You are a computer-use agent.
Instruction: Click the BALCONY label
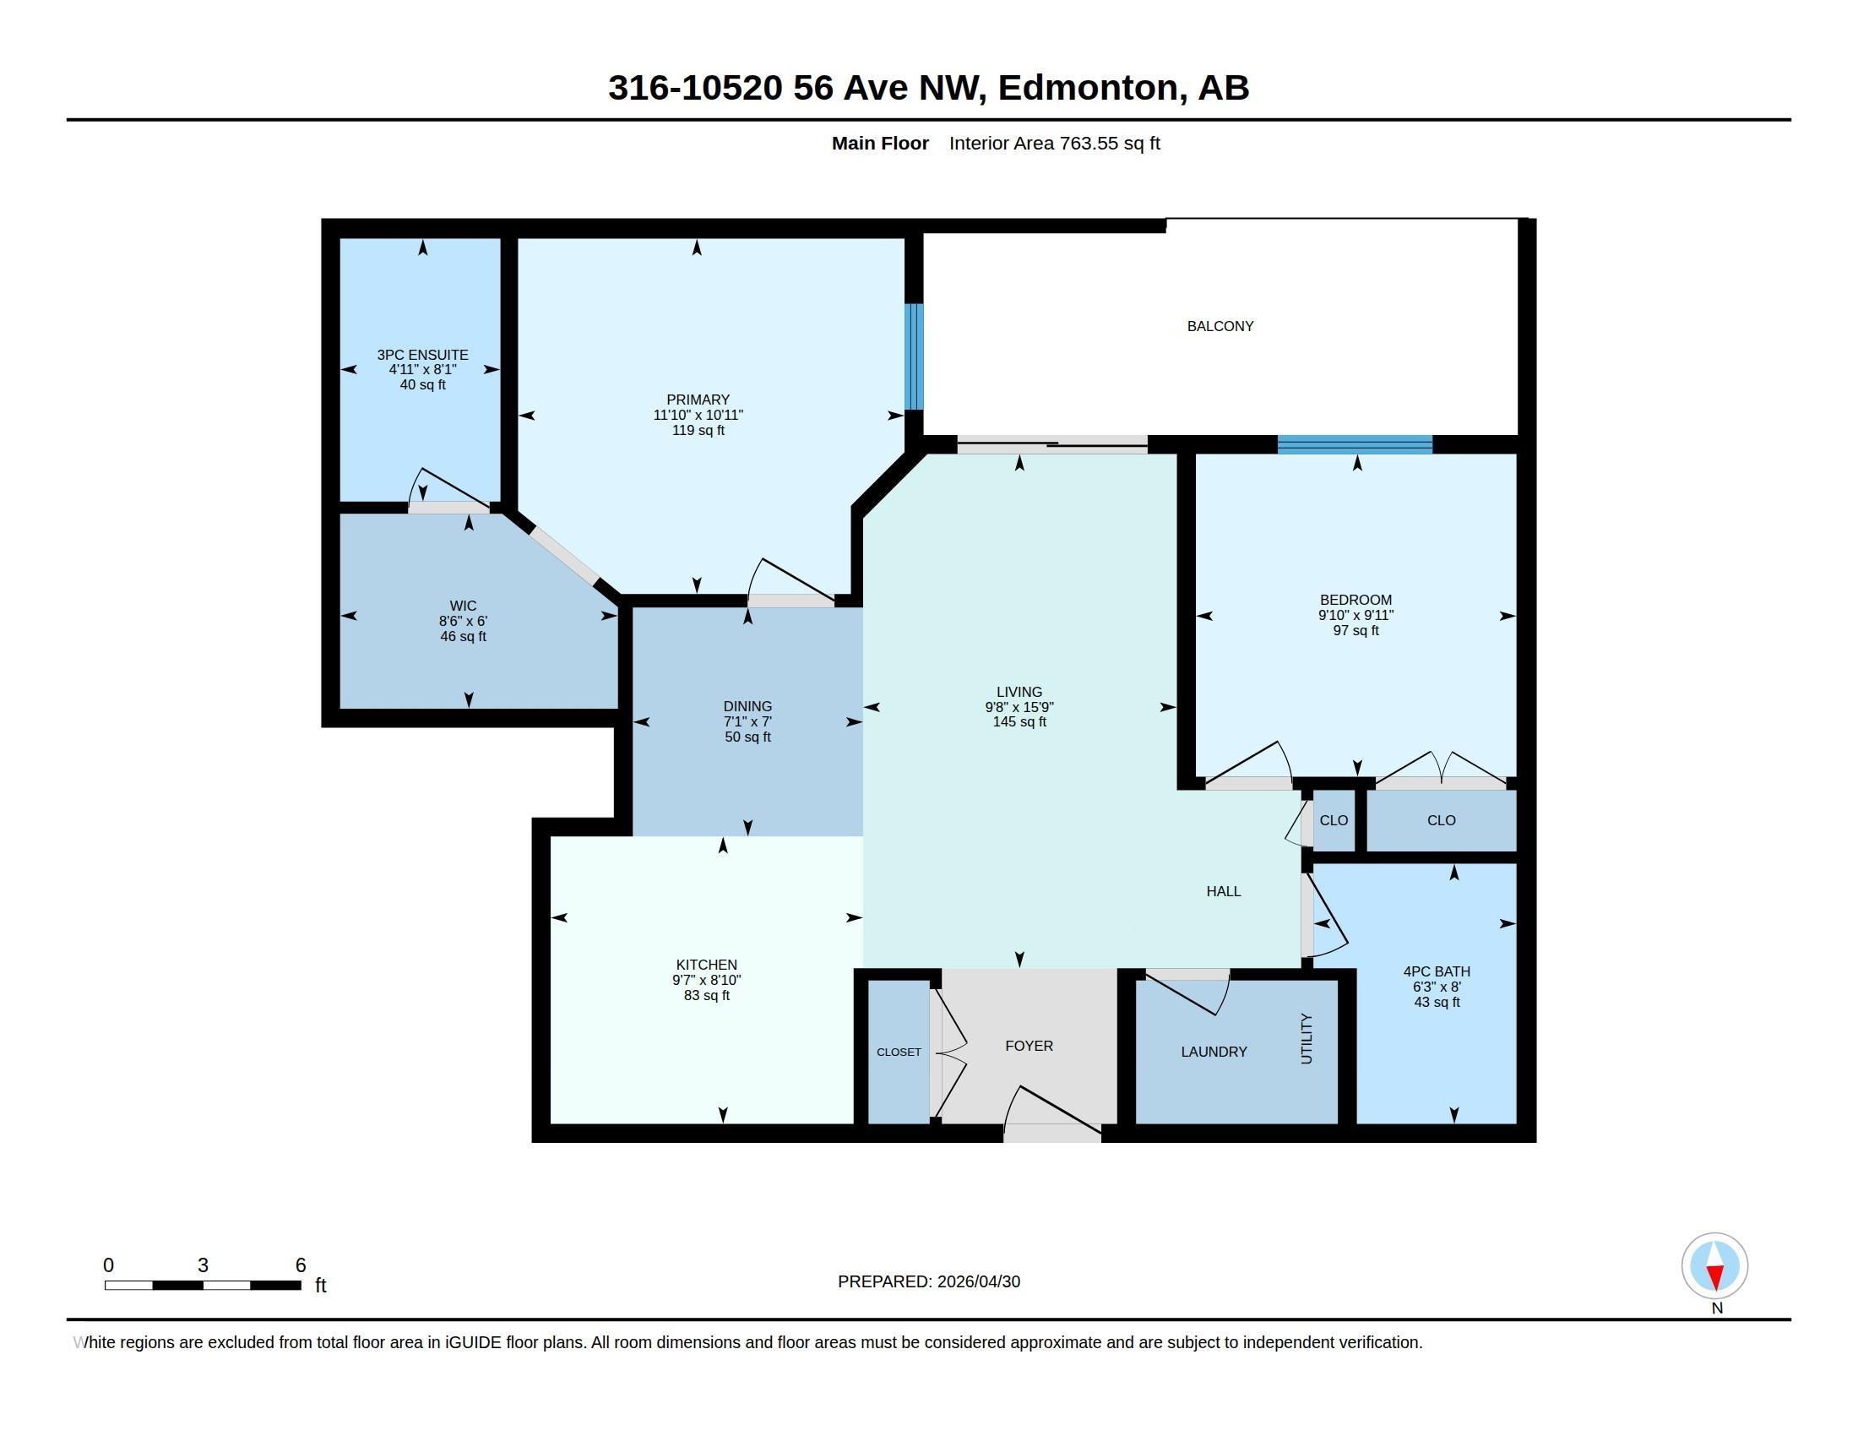1220,326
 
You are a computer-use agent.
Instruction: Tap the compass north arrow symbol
1714,1266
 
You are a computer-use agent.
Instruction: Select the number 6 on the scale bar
301,1265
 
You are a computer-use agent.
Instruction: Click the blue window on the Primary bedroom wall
913,356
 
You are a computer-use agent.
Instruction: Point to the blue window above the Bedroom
1355,444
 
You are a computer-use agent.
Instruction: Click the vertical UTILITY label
1307,1039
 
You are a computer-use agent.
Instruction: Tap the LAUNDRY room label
1214,1053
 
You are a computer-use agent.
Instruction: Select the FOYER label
1029,1047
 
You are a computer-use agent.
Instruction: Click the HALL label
1224,891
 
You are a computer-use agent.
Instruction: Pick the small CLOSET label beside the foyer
899,1053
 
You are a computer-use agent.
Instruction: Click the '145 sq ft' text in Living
1019,722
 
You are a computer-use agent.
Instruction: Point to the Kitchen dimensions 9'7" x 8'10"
706,980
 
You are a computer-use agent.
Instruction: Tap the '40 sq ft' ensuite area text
423,384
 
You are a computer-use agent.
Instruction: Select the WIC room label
463,606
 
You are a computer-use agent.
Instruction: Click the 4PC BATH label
1437,971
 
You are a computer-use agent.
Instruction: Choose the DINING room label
747,707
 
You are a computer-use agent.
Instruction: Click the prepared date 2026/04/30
978,1282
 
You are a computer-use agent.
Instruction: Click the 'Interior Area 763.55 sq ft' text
1055,144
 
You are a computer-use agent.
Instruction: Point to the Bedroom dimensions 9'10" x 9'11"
1356,615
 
